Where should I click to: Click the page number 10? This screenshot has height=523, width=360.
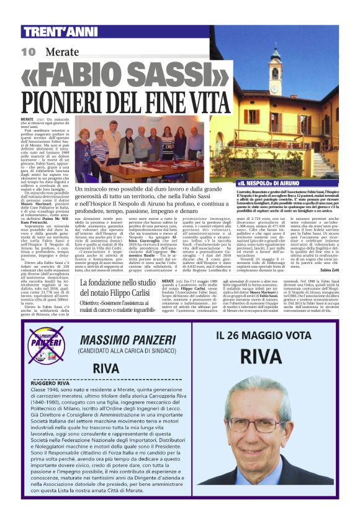(28, 52)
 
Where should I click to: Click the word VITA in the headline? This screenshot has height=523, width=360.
(205, 102)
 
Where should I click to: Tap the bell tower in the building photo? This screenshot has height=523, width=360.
(274, 71)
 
